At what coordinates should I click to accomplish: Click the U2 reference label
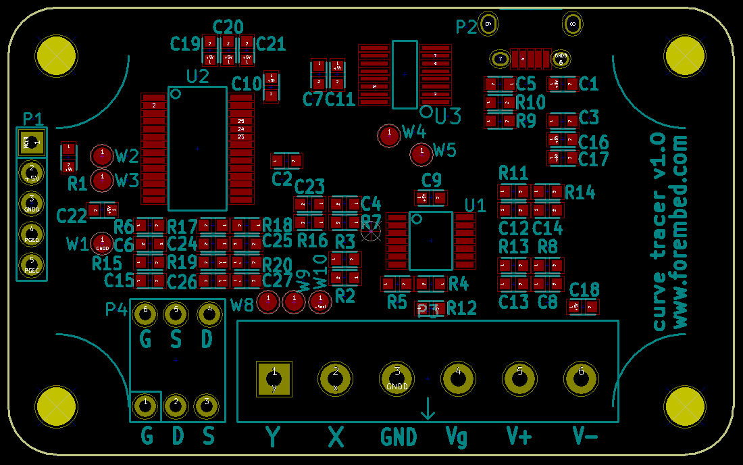click(197, 76)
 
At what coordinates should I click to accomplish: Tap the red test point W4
click(389, 135)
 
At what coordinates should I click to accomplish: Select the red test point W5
click(421, 154)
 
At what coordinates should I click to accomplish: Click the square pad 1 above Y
click(274, 378)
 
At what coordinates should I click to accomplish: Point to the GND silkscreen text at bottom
click(399, 437)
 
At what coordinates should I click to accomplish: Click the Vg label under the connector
click(457, 438)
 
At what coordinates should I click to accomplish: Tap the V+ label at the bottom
click(519, 437)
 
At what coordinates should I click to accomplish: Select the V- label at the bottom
click(585, 437)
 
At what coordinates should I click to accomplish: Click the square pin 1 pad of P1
click(32, 143)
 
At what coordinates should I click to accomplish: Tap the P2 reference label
click(466, 27)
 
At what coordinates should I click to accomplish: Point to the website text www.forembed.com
click(680, 232)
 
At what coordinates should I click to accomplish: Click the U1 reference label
click(476, 205)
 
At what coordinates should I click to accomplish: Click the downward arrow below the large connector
click(428, 409)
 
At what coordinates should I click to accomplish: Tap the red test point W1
click(102, 242)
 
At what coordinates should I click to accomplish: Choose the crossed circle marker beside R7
click(371, 232)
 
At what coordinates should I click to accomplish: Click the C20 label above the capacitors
click(228, 27)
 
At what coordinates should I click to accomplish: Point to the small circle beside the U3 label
click(426, 111)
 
